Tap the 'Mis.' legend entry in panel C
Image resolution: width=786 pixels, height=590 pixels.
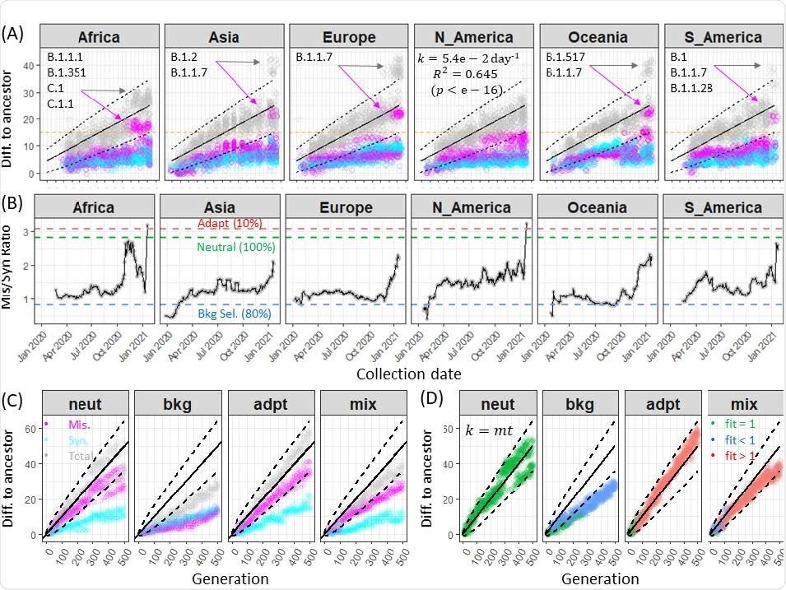pyautogui.click(x=78, y=425)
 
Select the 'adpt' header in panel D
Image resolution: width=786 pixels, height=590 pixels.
pyautogui.click(x=657, y=406)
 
